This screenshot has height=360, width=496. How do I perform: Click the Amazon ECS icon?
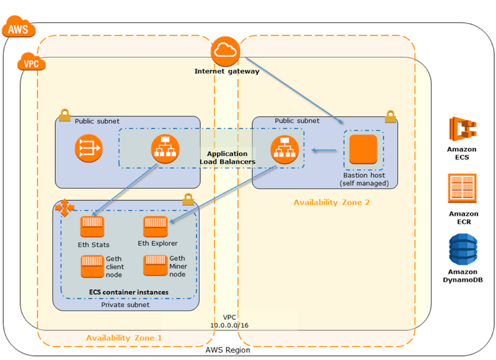(x=463, y=129)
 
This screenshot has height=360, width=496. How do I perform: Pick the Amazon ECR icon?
(x=463, y=188)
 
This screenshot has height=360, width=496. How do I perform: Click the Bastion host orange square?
(x=363, y=149)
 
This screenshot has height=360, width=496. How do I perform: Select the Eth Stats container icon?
(x=92, y=226)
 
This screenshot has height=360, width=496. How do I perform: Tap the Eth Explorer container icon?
(x=155, y=226)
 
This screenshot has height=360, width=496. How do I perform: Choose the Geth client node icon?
(x=92, y=266)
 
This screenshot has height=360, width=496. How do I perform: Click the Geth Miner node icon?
(x=155, y=265)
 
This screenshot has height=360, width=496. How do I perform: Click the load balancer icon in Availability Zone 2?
(x=284, y=150)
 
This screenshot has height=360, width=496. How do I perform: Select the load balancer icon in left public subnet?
(x=165, y=149)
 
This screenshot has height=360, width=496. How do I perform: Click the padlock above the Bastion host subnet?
(x=390, y=117)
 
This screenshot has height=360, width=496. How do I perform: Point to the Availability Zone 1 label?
(x=124, y=338)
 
